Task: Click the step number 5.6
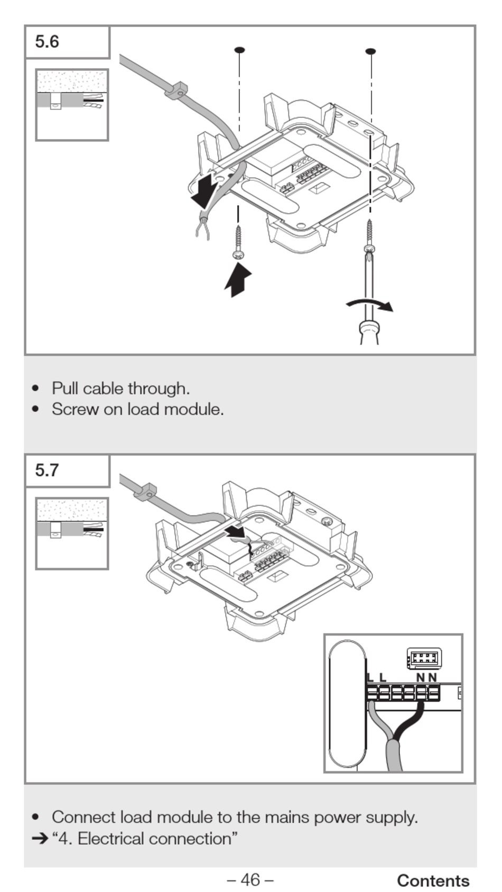pyautogui.click(x=47, y=42)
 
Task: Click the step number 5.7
pyautogui.click(x=47, y=470)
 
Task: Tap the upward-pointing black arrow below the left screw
pyautogui.click(x=238, y=280)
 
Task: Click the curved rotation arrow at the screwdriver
pyautogui.click(x=370, y=304)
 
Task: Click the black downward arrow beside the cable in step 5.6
pyautogui.click(x=203, y=191)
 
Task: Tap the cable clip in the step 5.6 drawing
pyautogui.click(x=177, y=90)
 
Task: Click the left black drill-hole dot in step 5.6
pyautogui.click(x=239, y=50)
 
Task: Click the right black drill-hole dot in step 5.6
pyautogui.click(x=371, y=51)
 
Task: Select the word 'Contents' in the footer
pyautogui.click(x=433, y=880)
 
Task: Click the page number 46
pyautogui.click(x=250, y=879)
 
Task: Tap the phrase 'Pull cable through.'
pyautogui.click(x=120, y=389)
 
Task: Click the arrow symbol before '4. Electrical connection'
pyautogui.click(x=39, y=839)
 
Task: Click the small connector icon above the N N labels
pyautogui.click(x=424, y=658)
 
